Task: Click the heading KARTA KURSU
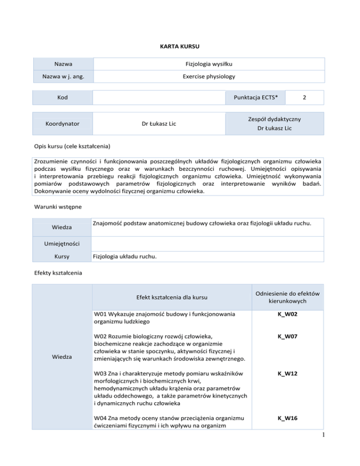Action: coord(180,47)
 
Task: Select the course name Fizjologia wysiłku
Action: coord(209,63)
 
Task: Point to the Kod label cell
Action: coord(62,97)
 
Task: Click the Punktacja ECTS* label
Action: coord(255,97)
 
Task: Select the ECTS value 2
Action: coord(305,97)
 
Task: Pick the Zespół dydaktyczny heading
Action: coord(274,119)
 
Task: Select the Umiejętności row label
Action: coord(62,244)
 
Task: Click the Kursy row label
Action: coord(62,257)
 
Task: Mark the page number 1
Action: coord(354,454)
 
